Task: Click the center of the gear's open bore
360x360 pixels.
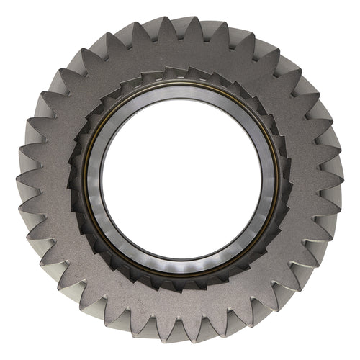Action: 181,179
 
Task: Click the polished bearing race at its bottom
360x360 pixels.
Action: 181,268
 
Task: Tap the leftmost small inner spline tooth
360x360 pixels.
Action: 73,180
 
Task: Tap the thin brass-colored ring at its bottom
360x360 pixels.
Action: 181,277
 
